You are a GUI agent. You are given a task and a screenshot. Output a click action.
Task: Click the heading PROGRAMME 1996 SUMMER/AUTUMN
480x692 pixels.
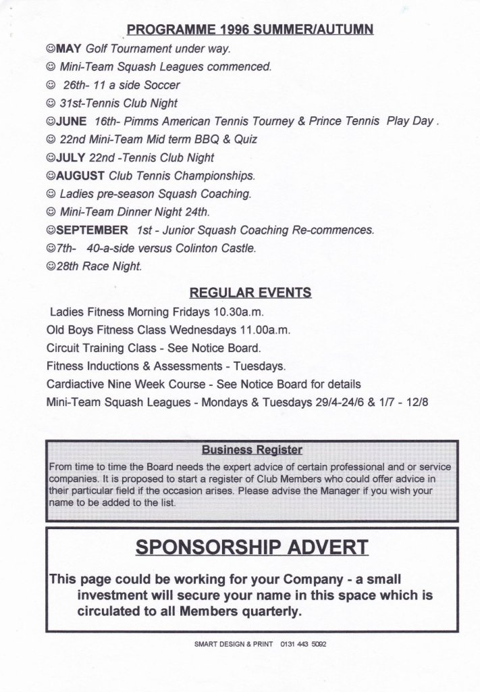[x=250, y=30]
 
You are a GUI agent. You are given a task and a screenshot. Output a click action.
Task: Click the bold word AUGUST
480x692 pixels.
[x=81, y=176]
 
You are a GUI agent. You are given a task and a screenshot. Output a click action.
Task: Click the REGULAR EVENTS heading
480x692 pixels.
[x=250, y=293]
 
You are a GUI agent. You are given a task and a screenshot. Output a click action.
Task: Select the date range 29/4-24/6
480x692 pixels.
[x=334, y=402]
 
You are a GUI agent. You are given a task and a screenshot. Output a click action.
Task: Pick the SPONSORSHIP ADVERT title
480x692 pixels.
[x=252, y=547]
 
